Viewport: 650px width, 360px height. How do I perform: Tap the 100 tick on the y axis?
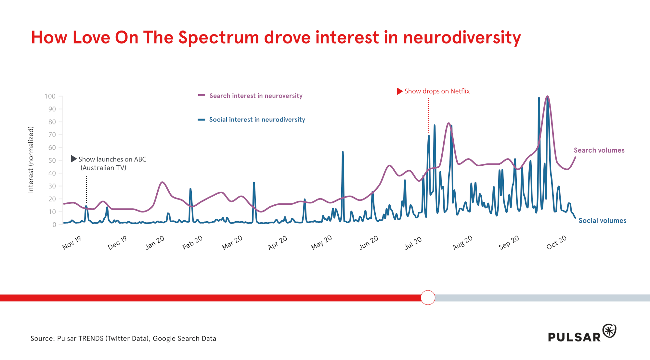[x=50, y=96]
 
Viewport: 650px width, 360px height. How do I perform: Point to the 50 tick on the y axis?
[x=52, y=161]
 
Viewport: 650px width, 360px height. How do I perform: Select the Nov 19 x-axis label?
[x=71, y=243]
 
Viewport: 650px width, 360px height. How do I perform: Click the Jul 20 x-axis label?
[x=413, y=243]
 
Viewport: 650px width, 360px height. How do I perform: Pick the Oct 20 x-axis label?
[x=556, y=242]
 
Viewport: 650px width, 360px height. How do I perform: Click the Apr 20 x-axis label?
[x=278, y=243]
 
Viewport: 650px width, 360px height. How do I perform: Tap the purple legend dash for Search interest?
[x=201, y=96]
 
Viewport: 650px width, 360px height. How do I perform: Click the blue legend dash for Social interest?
[x=201, y=120]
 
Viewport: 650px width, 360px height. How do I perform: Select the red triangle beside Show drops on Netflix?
[x=399, y=91]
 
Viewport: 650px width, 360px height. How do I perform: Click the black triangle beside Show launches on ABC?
[x=74, y=159]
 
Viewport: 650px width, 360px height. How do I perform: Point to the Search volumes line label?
[x=599, y=150]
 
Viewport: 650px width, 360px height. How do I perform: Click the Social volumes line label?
[x=602, y=221]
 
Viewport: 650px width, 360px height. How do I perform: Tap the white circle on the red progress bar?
[x=428, y=298]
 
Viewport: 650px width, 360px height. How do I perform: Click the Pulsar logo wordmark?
[x=574, y=337]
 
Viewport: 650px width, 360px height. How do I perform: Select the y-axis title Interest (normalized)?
[x=31, y=160]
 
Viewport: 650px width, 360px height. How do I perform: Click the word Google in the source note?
[x=164, y=339]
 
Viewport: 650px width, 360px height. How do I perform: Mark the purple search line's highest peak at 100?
[x=548, y=96]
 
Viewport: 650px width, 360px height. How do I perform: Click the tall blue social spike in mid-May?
[x=343, y=152]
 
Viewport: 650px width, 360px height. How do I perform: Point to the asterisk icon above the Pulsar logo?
[x=609, y=331]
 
